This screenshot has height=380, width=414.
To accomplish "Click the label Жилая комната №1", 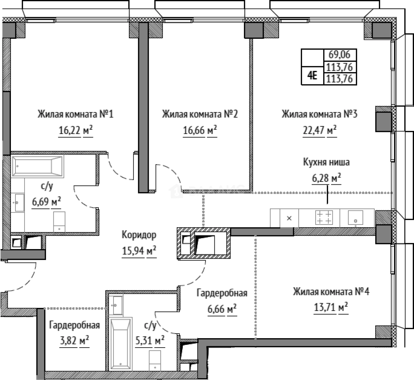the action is pyautogui.click(x=76, y=114).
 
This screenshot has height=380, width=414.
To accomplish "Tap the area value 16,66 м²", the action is pyautogui.click(x=200, y=130).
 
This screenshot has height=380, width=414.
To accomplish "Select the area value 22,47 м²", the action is pyautogui.click(x=319, y=130).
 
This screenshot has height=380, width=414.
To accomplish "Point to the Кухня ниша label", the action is pyautogui.click(x=326, y=162).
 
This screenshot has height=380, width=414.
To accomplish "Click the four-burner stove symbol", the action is pyautogui.click(x=324, y=217).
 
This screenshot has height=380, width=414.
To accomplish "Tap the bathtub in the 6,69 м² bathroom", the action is pyautogui.click(x=37, y=166).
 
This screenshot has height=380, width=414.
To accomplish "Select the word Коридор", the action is pyautogui.click(x=139, y=235).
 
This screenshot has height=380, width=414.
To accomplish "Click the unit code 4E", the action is pyautogui.click(x=312, y=76).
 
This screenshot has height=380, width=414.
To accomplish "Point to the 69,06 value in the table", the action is pyautogui.click(x=339, y=55).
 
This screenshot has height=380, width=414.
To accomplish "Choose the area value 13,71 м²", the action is pyautogui.click(x=331, y=307).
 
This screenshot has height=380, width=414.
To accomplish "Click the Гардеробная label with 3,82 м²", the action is pyautogui.click(x=75, y=325).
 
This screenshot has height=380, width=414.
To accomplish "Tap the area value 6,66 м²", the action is pyautogui.click(x=222, y=309).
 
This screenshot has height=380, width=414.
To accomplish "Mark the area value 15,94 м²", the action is pyautogui.click(x=139, y=251).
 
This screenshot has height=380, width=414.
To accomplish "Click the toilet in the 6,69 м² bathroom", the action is pyautogui.click(x=59, y=222).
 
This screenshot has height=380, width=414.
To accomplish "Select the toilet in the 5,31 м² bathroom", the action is pyautogui.click(x=155, y=360).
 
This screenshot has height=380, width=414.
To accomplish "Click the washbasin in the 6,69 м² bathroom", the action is pyautogui.click(x=18, y=203).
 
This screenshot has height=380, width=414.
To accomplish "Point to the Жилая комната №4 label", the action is pyautogui.click(x=331, y=292).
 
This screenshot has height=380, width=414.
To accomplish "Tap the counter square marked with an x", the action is pyautogui.click(x=289, y=218).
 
